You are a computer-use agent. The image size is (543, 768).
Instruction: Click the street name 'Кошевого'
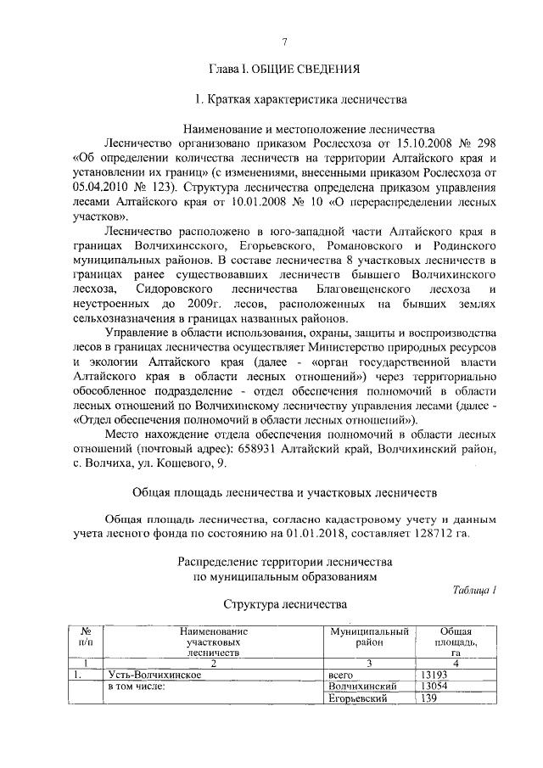[x=176, y=463]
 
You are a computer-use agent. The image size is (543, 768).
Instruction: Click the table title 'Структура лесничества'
[x=285, y=605]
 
